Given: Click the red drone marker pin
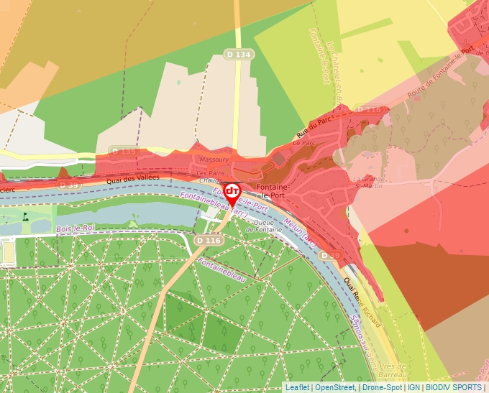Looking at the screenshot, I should pos(232,193).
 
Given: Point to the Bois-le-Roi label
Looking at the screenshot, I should pos(75,228).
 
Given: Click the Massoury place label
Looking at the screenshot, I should pos(214,159).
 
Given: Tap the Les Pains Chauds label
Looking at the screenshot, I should pos(211,177).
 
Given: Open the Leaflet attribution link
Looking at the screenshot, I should pos(297,387).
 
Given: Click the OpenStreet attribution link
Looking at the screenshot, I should pos(334,387).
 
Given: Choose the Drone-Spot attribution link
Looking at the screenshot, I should pos(382,387).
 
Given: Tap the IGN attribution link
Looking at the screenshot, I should pos(413,387).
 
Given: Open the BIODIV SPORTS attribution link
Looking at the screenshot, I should pos(452,387).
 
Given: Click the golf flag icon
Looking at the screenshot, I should pos(27,214).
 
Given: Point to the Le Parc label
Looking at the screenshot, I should pos(305,144).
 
